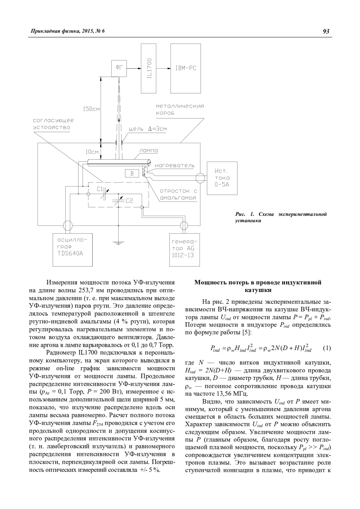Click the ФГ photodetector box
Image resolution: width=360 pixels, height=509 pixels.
[119, 68]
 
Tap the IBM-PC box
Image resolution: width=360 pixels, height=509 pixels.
[186, 68]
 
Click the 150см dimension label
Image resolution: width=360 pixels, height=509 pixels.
[91, 109]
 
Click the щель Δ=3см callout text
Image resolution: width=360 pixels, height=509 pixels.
[148, 129]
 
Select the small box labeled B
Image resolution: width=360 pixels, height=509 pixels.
[132, 173]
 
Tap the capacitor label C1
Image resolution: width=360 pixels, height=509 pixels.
[100, 189]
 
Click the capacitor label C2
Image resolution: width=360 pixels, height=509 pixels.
[129, 201]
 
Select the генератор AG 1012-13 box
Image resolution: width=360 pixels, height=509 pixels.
[183, 250]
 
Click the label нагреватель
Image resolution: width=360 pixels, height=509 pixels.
[175, 165]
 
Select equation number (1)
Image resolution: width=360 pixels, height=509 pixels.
[327, 348]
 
